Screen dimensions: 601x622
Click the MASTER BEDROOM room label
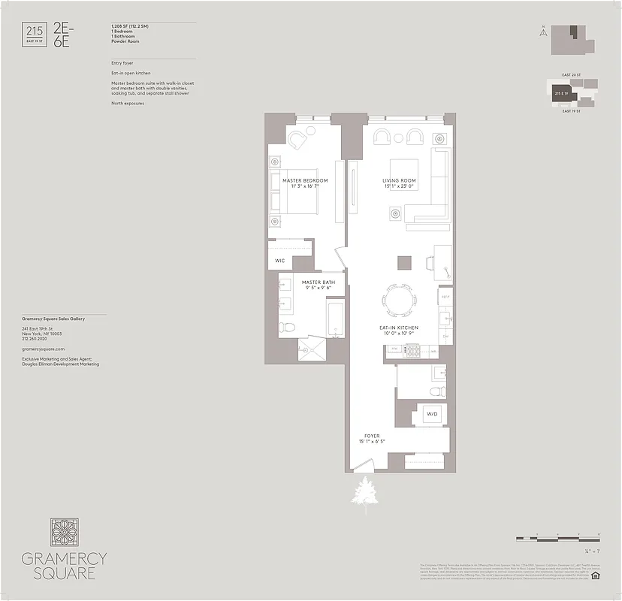pos(306,181)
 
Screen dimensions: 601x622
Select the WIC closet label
pos(279,261)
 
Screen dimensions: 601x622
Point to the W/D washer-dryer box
pos(433,414)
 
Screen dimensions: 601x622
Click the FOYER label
pos(372,436)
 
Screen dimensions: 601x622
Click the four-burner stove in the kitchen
pos(412,350)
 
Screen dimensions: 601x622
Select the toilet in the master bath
pos(287,328)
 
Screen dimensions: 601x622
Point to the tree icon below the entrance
pos(367,494)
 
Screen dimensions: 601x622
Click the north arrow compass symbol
pos(542,32)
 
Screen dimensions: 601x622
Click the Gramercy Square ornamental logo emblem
pos(65,532)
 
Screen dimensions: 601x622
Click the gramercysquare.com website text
pos(44,349)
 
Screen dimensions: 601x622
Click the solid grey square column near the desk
pos(404,262)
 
